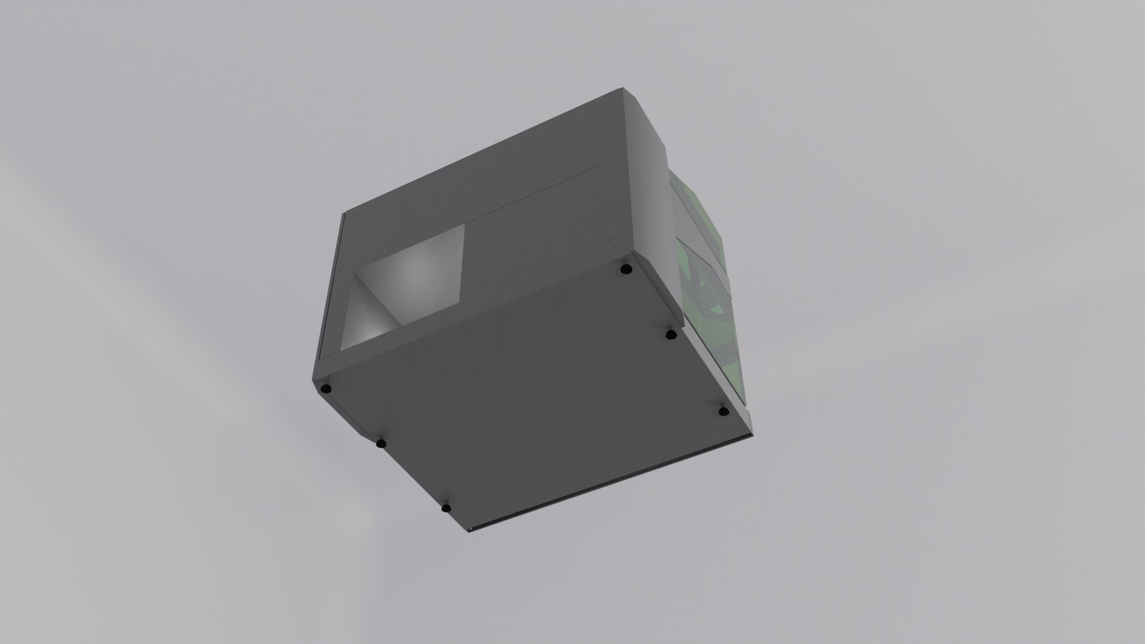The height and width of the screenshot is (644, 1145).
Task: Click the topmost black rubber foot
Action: (x=625, y=269)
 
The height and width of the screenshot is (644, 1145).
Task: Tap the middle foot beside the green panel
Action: (x=671, y=335)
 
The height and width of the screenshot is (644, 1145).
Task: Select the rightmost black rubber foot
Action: (x=723, y=411)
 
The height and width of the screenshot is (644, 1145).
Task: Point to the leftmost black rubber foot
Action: (x=326, y=389)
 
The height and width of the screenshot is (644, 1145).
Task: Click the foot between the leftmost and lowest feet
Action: (x=380, y=443)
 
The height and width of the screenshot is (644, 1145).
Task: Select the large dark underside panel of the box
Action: (x=537, y=382)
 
